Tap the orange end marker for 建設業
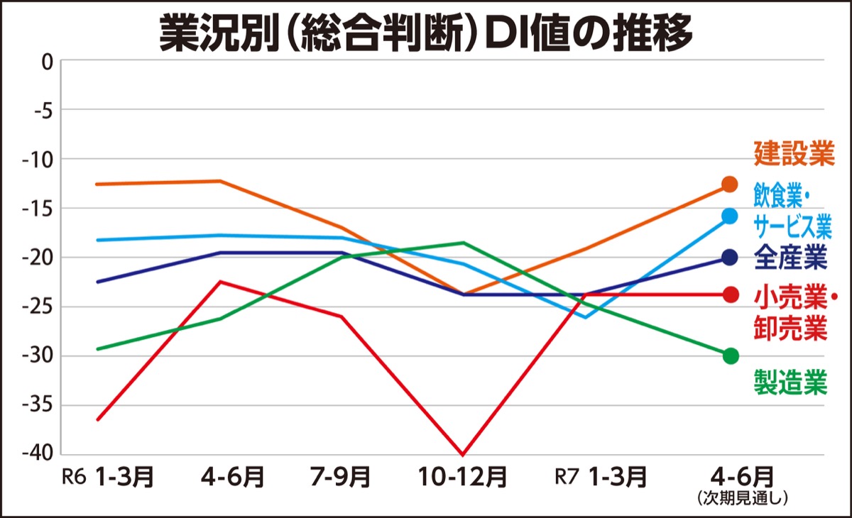[x=730, y=184]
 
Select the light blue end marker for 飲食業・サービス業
[x=730, y=216]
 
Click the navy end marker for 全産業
[x=730, y=258]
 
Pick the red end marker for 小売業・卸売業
[x=730, y=294]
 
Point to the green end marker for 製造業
[x=730, y=356]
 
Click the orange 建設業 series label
[x=793, y=154]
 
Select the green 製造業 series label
[x=790, y=383]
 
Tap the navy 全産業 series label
[x=790, y=258]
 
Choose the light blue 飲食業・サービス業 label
[x=792, y=209]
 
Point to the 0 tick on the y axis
[x=47, y=62]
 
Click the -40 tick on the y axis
[x=39, y=454]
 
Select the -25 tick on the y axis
[x=39, y=307]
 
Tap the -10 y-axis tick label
[x=39, y=160]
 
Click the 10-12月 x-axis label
[x=464, y=477]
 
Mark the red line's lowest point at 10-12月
[x=464, y=454]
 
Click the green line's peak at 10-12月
[x=464, y=243]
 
